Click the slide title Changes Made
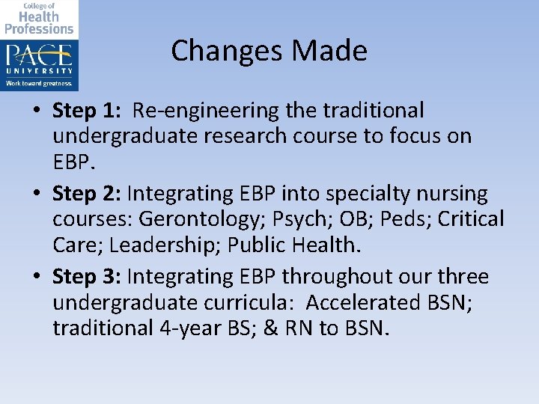(269, 51)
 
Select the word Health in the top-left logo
(39, 16)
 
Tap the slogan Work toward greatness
(39, 83)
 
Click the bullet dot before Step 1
(36, 112)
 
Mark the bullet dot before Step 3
(36, 278)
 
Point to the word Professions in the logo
(39, 28)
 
